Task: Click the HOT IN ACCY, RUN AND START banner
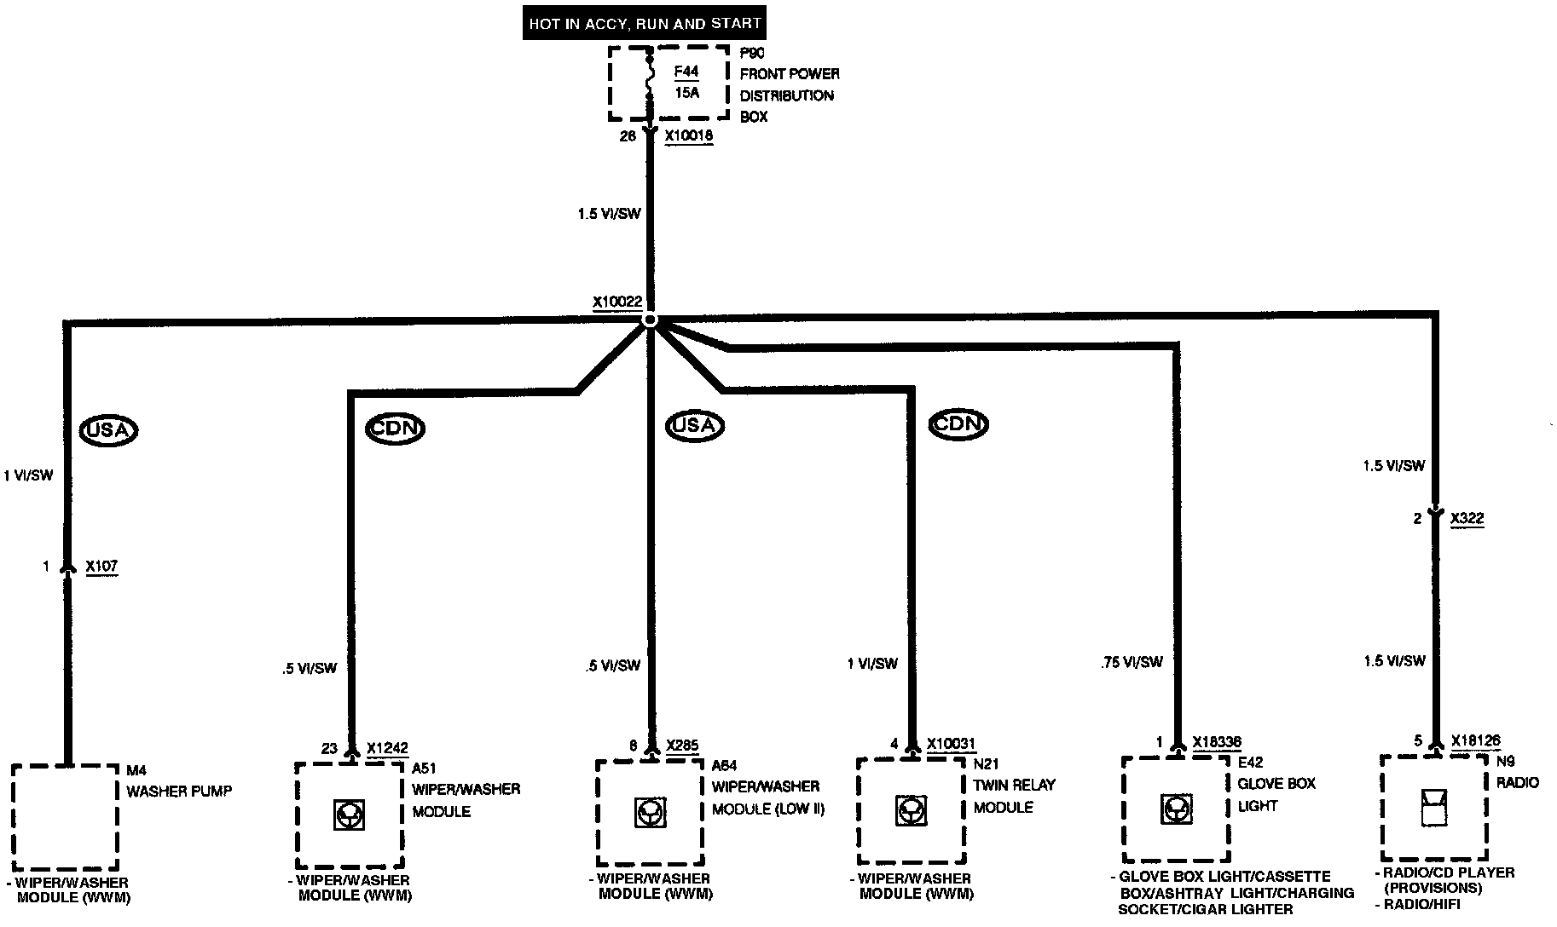(x=644, y=23)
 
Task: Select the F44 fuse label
(x=686, y=72)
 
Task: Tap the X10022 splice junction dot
(x=650, y=320)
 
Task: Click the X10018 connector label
(x=688, y=135)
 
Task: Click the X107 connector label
(x=101, y=567)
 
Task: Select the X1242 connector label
(x=387, y=749)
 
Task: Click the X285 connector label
(x=682, y=746)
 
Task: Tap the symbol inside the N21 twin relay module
(x=911, y=810)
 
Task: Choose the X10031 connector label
(x=951, y=744)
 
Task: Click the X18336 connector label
(x=1217, y=742)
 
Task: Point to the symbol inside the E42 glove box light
(x=1176, y=809)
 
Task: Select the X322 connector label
(x=1467, y=518)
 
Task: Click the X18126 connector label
(x=1475, y=740)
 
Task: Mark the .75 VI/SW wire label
(x=1132, y=662)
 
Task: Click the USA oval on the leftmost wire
(x=108, y=430)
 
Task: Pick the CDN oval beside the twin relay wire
(x=958, y=424)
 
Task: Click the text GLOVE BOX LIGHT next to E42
(x=1276, y=794)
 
